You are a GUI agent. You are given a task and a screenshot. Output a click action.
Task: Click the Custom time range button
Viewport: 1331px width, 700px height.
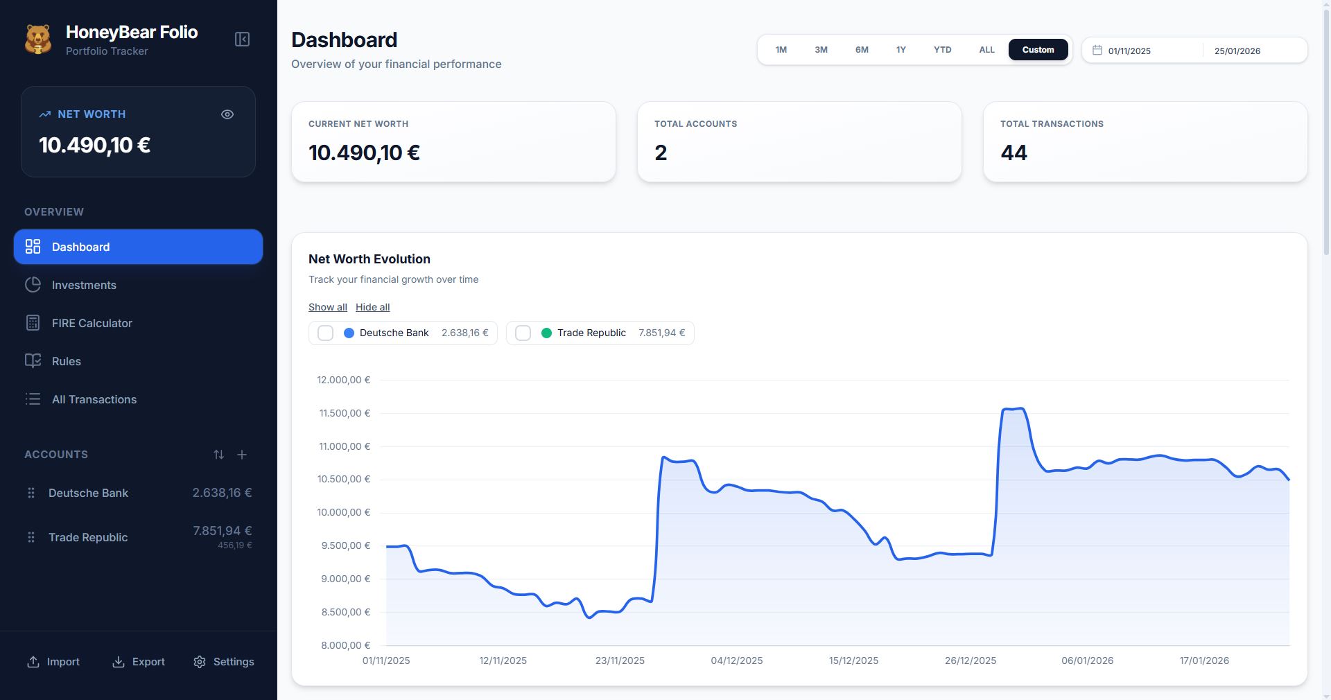pyautogui.click(x=1038, y=50)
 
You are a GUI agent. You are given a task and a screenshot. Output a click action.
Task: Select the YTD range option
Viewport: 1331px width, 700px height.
pyautogui.click(x=942, y=50)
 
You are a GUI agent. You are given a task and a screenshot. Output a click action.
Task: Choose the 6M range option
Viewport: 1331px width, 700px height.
pyautogui.click(x=862, y=50)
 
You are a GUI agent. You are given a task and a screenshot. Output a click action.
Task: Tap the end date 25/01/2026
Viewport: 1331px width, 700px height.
pyautogui.click(x=1237, y=51)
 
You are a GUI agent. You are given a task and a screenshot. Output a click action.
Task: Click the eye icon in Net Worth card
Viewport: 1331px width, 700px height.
pyautogui.click(x=227, y=114)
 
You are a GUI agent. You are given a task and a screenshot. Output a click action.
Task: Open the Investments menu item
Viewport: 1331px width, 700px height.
pyautogui.click(x=84, y=285)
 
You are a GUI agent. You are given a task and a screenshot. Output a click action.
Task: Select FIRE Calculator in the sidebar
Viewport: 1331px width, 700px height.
pyautogui.click(x=92, y=323)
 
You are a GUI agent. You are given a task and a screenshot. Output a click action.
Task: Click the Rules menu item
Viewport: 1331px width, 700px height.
pyautogui.click(x=66, y=361)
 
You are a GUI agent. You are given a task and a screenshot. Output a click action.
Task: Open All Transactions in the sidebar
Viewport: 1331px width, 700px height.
pyautogui.click(x=94, y=399)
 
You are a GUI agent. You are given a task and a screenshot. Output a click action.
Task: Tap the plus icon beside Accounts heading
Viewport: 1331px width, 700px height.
pyautogui.click(x=242, y=455)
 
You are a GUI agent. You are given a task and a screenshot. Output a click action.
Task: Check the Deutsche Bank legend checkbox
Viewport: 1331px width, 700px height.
pyautogui.click(x=325, y=333)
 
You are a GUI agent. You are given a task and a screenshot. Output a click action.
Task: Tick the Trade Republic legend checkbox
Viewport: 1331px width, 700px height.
pyautogui.click(x=523, y=333)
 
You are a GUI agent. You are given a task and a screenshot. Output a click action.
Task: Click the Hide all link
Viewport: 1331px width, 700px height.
pyautogui.click(x=372, y=307)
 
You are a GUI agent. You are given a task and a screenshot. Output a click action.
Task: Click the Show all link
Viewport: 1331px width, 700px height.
pyautogui.click(x=327, y=307)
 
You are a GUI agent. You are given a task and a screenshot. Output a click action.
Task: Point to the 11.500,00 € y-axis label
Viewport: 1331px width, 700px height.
pyautogui.click(x=345, y=413)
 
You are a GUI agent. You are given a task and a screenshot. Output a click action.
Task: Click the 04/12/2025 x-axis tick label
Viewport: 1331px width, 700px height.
pyautogui.click(x=736, y=660)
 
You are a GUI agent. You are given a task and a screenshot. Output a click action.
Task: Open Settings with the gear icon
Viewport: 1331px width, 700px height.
pyautogui.click(x=200, y=662)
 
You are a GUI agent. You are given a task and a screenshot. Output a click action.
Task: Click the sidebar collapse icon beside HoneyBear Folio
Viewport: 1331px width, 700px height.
pyautogui.click(x=242, y=40)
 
